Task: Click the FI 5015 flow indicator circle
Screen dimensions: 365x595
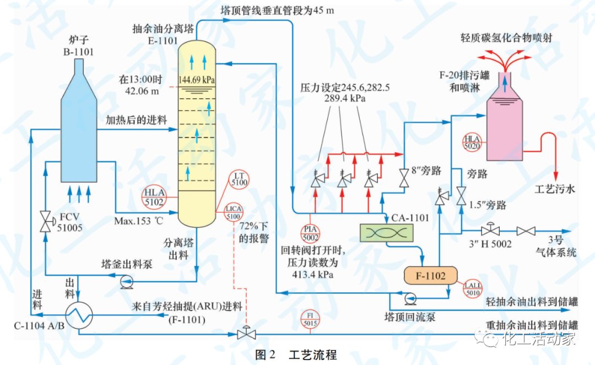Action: [311, 319]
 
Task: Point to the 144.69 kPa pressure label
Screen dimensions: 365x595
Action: [197, 79]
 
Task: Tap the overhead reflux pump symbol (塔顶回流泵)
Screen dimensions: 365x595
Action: [410, 298]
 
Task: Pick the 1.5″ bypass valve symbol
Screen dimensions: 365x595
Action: [460, 196]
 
